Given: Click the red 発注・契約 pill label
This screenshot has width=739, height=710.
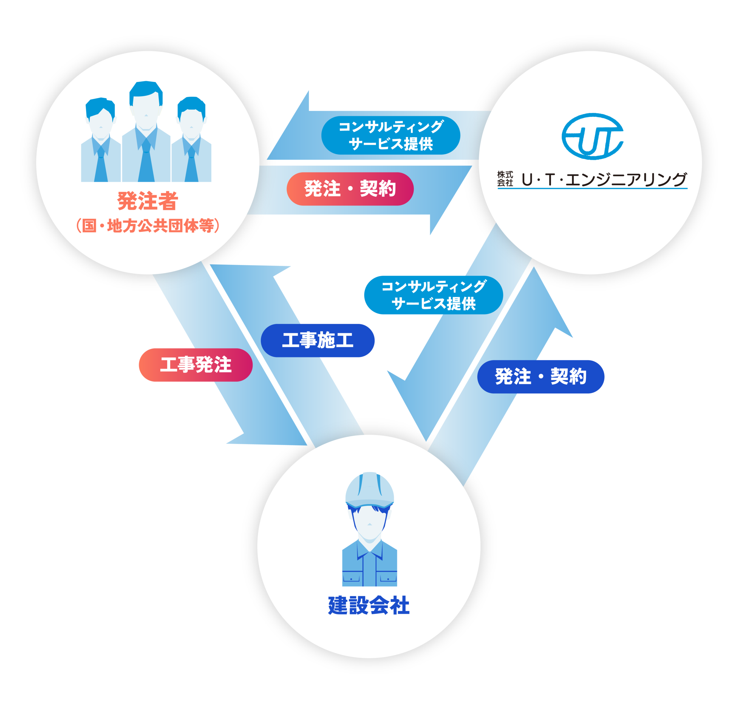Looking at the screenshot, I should [350, 189].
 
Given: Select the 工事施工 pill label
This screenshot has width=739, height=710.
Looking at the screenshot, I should [318, 340].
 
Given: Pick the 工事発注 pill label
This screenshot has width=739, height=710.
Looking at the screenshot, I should [195, 365].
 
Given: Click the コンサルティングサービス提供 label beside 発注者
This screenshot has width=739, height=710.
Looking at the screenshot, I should [391, 135].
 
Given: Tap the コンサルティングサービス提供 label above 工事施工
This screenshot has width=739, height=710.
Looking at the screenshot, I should [433, 295].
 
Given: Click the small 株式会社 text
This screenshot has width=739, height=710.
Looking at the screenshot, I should [505, 179].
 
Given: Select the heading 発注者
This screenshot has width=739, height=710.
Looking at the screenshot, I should [148, 201].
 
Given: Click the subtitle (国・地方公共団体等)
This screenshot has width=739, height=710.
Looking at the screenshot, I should [148, 226].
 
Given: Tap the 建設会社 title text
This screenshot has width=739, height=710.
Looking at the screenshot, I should [369, 605].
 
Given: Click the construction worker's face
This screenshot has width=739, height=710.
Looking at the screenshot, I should [369, 523].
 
